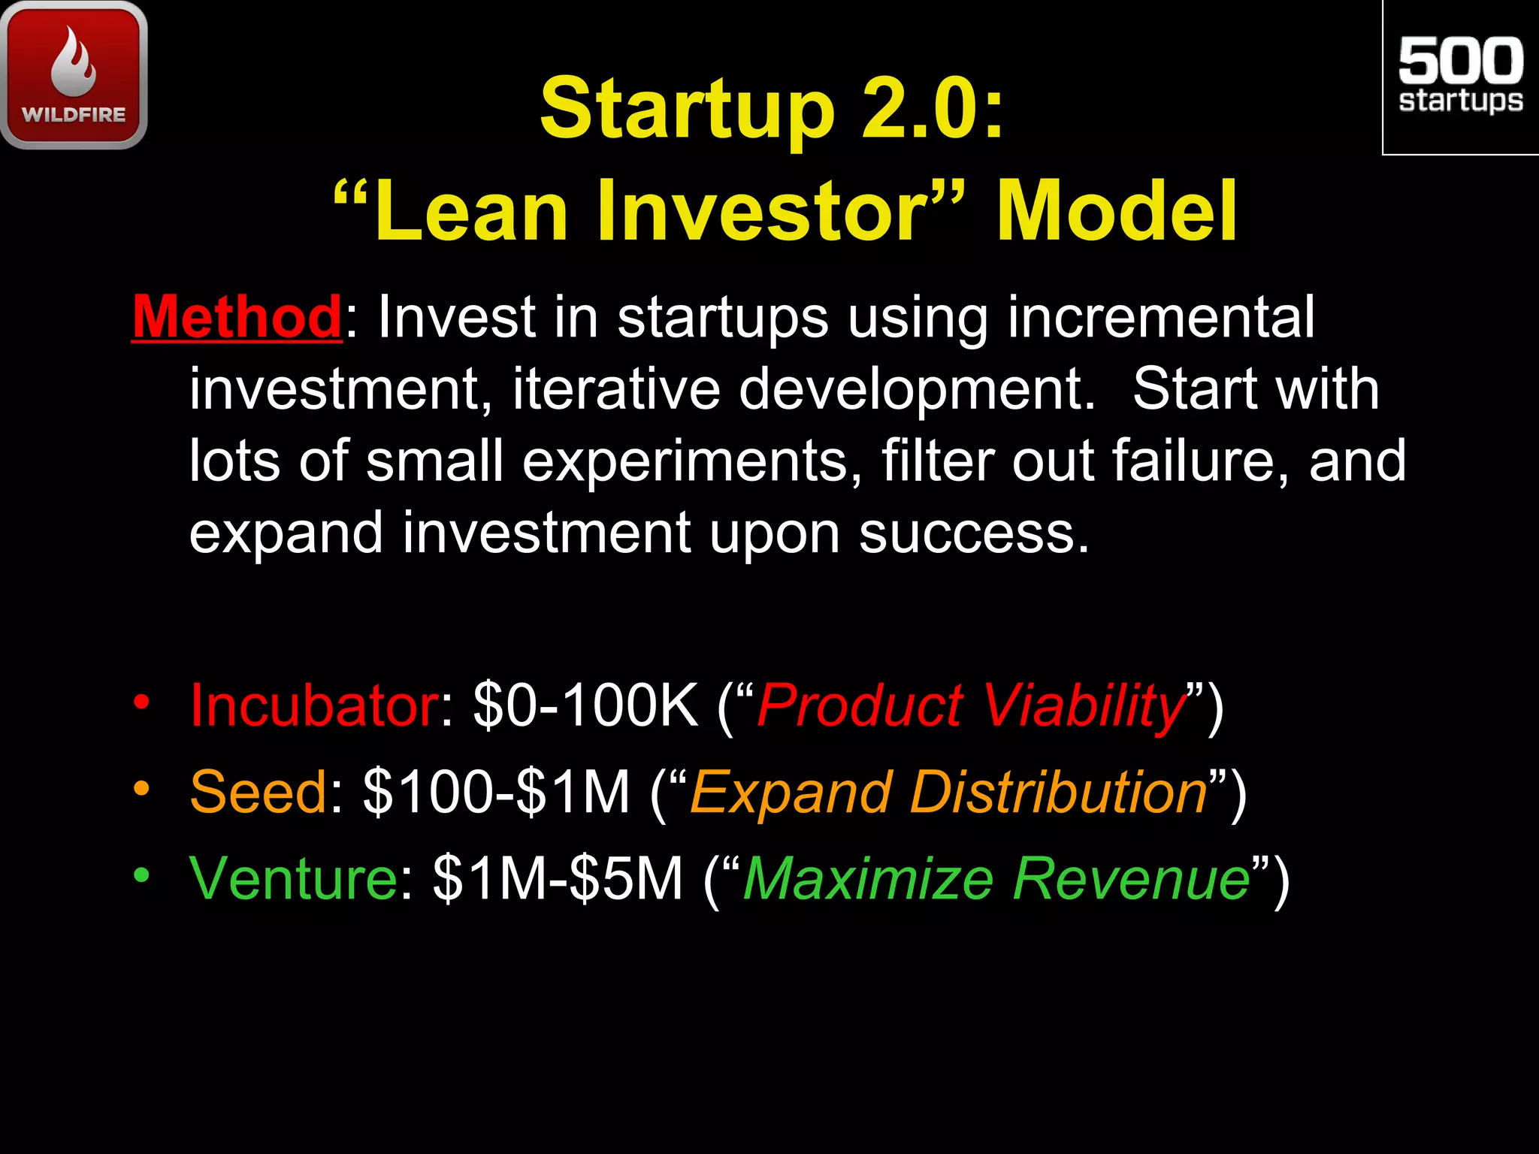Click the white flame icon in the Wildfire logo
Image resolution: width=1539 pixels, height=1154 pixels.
click(74, 63)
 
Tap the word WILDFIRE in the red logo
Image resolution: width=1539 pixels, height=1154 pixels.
click(74, 115)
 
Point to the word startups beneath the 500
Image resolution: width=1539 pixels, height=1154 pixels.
click(1460, 101)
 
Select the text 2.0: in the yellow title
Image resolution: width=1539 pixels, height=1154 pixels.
click(933, 109)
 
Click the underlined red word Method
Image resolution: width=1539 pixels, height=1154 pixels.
click(237, 317)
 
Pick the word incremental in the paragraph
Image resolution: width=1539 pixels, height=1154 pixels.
click(1161, 317)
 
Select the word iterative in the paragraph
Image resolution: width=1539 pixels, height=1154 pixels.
click(615, 389)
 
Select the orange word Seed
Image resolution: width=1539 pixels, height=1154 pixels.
click(258, 792)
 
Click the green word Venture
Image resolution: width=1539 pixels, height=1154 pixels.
click(293, 878)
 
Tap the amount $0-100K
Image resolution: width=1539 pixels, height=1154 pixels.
click(586, 705)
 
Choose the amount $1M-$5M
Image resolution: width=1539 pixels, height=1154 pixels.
click(558, 878)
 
